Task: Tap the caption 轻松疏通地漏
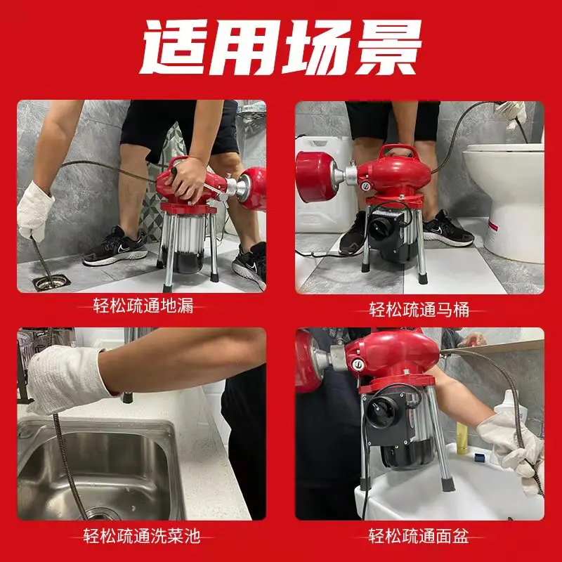(143, 306)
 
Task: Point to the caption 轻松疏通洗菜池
(142, 535)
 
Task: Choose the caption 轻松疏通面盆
(419, 536)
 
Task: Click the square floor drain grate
(51, 282)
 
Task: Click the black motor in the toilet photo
(391, 233)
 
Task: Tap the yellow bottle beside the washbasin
(462, 438)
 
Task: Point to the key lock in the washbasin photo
(358, 365)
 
